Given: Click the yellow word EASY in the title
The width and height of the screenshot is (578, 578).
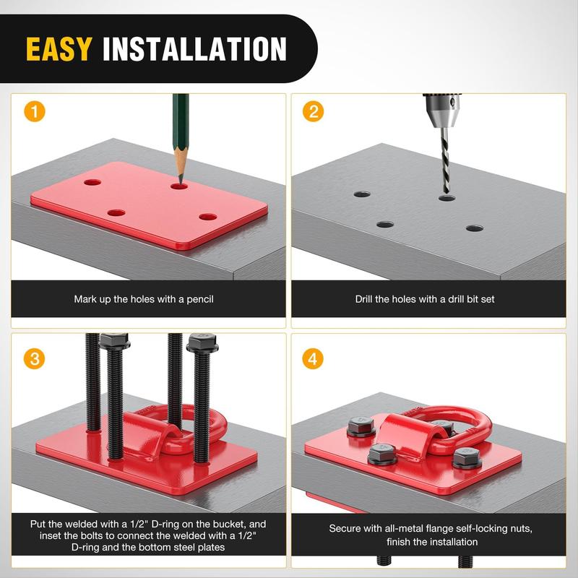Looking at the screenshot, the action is coord(59,48).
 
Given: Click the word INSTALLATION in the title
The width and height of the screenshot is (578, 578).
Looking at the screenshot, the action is coord(194,48).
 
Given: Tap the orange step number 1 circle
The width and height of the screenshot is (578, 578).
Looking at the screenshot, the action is coord(35,111).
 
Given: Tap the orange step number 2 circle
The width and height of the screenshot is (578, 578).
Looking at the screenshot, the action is coord(313,111).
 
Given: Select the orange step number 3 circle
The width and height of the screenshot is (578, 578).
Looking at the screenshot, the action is coord(34,358).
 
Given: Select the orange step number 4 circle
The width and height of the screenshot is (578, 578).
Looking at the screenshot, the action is coord(313,358).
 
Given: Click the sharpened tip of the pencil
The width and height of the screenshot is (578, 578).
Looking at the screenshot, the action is coord(181,183).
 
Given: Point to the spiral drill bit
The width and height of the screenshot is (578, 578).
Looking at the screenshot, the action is coord(446,160).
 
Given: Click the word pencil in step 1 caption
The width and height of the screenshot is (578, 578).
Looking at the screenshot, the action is coord(200,299).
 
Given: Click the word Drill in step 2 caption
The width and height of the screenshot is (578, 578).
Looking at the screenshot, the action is coord(363,299).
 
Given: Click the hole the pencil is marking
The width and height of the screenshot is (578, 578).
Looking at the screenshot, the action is coord(179,186).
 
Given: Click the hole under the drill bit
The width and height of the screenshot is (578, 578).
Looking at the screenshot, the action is coord(447,198).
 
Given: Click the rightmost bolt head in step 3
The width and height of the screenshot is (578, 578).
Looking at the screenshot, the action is coord(202,342).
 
